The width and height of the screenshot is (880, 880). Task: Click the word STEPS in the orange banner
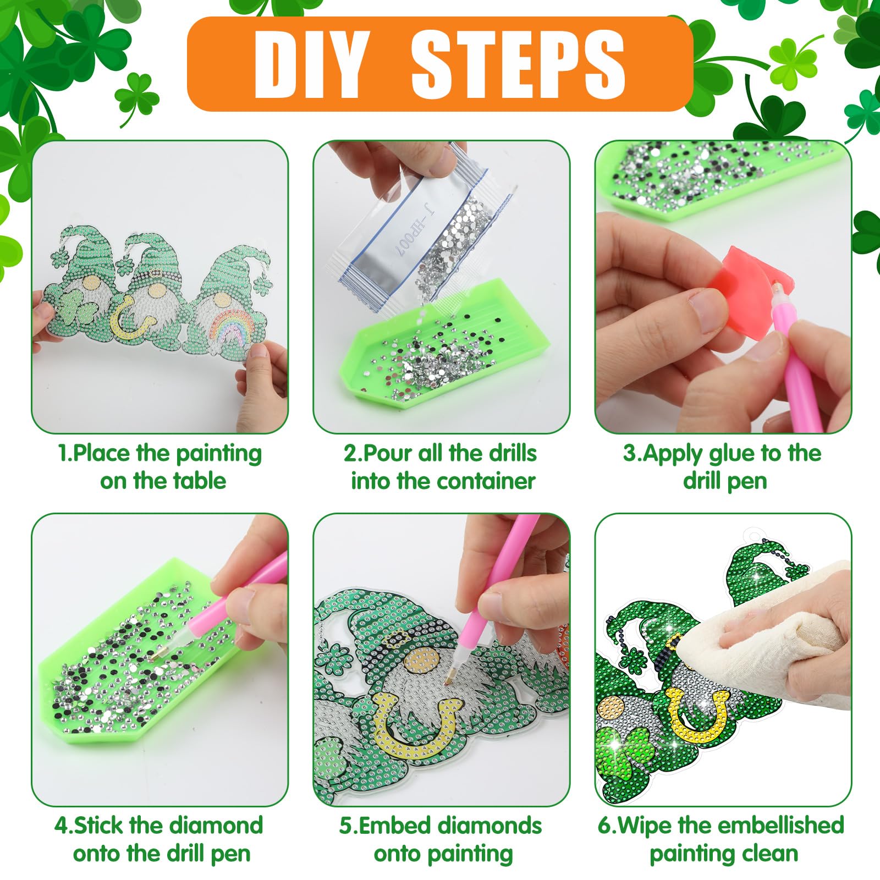[x=518, y=64]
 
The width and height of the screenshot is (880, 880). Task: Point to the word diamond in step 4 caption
[x=216, y=826]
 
